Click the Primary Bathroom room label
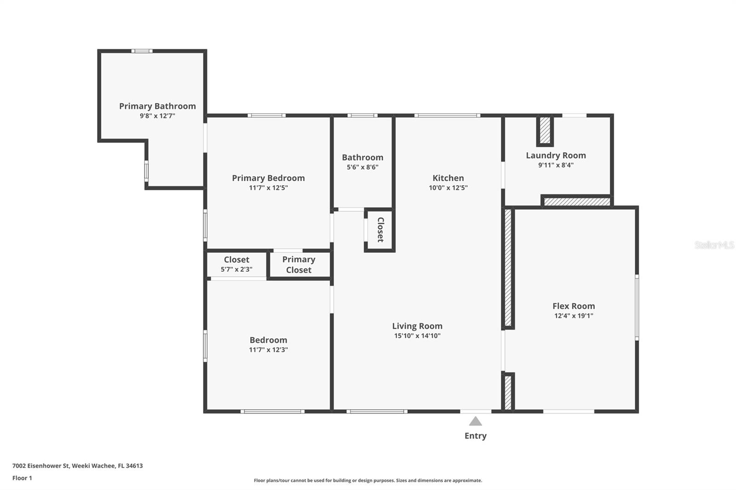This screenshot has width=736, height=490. (157, 106)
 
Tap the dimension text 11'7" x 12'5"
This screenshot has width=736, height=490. (268, 188)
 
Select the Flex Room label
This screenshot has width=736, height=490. (574, 306)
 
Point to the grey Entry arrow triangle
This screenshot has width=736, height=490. (475, 422)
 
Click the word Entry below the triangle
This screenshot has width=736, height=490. (475, 436)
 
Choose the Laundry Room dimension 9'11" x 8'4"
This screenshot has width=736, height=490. (556, 165)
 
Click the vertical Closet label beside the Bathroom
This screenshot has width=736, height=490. (380, 229)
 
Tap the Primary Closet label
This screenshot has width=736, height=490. (299, 265)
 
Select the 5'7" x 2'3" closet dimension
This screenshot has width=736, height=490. (236, 270)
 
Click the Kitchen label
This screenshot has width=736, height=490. (448, 178)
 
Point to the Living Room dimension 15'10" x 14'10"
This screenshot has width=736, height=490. (417, 336)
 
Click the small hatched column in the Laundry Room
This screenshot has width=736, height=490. (545, 131)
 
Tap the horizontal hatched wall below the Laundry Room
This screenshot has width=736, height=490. (577, 202)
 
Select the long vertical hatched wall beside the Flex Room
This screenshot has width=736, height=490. (508, 268)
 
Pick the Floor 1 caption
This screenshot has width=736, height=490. (22, 478)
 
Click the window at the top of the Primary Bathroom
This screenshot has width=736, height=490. (142, 51)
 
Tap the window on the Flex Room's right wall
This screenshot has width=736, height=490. (637, 307)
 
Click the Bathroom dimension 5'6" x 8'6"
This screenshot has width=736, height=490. (362, 167)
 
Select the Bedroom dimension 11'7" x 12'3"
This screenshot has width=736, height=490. (268, 350)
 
